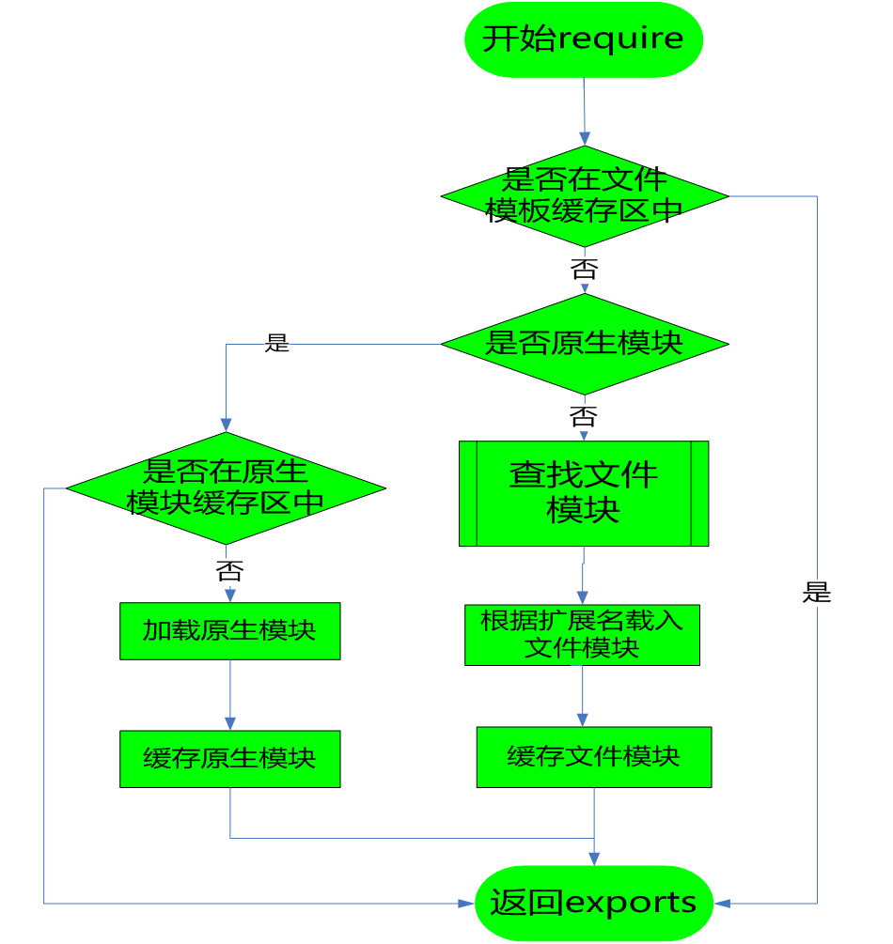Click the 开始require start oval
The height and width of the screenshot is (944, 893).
click(x=584, y=39)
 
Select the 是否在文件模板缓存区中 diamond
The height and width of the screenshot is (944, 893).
click(x=584, y=196)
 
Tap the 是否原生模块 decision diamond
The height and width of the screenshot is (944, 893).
click(x=584, y=344)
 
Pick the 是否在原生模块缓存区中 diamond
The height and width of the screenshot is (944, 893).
click(x=226, y=488)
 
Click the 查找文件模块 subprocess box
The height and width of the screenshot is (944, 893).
click(x=584, y=493)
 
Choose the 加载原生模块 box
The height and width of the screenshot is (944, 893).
click(x=229, y=630)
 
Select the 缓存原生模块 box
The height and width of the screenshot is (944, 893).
click(x=229, y=759)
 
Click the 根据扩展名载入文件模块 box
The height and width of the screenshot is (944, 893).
click(x=582, y=634)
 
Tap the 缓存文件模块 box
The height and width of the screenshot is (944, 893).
click(x=593, y=757)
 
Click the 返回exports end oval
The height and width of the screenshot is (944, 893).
click(x=593, y=903)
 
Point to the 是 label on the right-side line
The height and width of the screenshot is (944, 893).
click(x=817, y=593)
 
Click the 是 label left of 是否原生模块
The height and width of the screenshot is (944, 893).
click(x=277, y=344)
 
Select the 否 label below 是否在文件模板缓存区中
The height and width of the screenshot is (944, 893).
click(x=584, y=271)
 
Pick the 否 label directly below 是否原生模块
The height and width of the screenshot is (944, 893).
click(x=583, y=416)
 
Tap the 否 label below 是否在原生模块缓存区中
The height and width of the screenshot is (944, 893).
click(x=229, y=571)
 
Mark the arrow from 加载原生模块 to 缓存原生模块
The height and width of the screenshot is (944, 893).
click(x=229, y=695)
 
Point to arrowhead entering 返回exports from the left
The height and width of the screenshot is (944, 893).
click(x=466, y=903)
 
